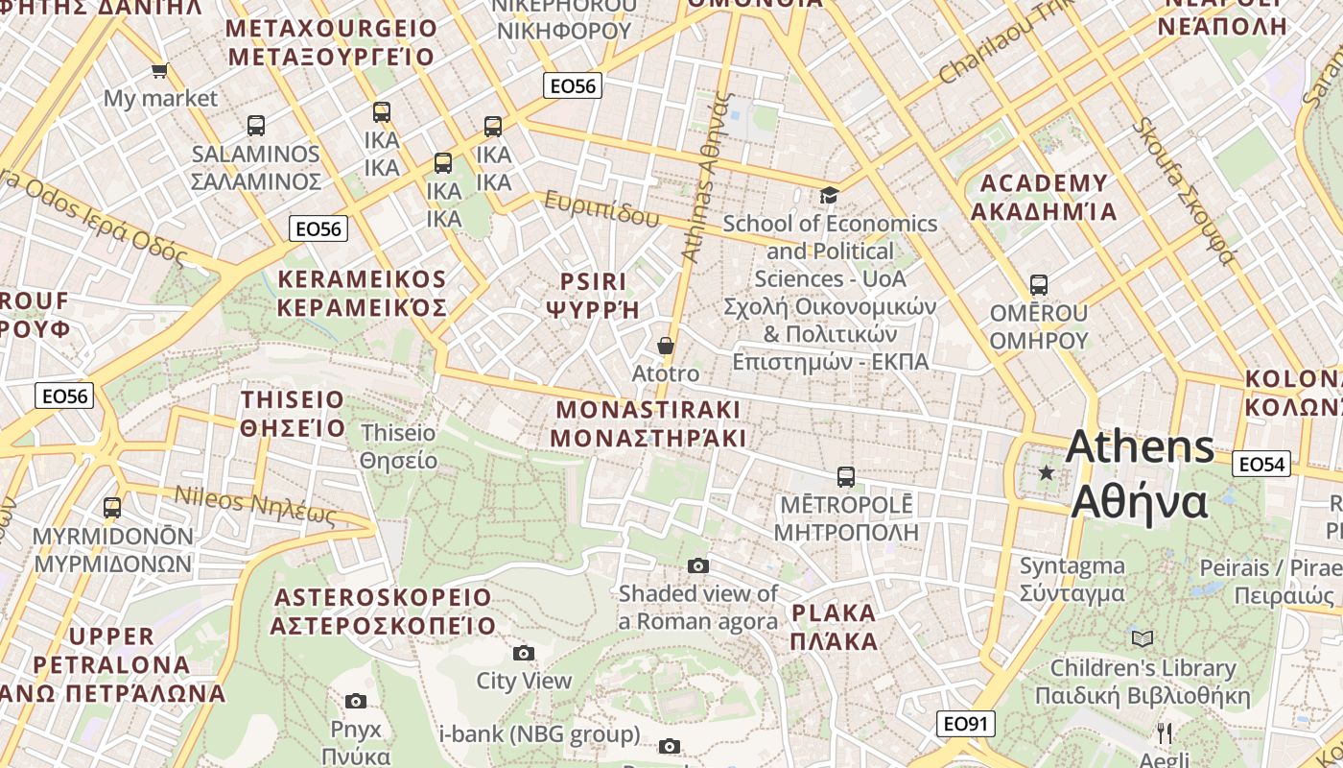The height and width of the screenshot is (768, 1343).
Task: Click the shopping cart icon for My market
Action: coord(160,70)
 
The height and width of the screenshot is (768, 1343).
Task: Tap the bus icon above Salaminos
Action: coord(256,125)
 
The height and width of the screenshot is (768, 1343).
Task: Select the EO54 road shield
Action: coord(1261,464)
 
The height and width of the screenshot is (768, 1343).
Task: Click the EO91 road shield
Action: coord(966,723)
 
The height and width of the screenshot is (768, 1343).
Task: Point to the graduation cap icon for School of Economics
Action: coord(829,195)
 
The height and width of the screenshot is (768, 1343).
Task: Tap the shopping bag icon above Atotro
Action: coord(666,346)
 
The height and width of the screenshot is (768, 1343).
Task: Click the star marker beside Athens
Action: coord(1047,472)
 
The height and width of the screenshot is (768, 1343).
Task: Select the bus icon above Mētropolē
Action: coord(845,476)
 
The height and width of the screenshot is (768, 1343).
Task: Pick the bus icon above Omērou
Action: coord(1039,284)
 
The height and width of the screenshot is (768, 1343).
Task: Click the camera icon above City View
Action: coord(523,653)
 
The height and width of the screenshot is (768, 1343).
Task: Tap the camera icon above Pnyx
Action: coord(356,701)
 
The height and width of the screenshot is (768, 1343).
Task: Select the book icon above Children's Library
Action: coord(1142,638)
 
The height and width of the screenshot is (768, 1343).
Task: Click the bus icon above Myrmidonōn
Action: coord(112,507)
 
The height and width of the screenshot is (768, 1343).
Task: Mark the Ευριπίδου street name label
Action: coord(602,207)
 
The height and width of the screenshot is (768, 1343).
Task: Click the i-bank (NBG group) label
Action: coord(539,735)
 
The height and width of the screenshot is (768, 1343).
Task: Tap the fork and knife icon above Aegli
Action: coord(1165,732)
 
